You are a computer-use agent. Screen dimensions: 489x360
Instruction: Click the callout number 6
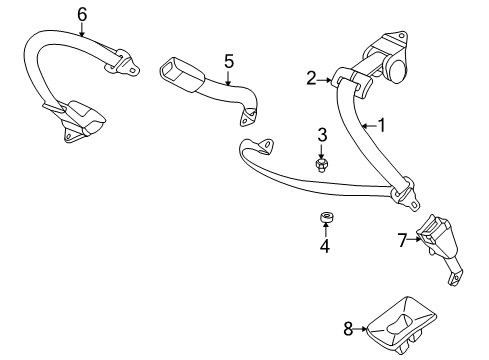pyautogui.click(x=82, y=15)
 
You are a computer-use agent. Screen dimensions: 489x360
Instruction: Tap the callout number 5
pyautogui.click(x=229, y=62)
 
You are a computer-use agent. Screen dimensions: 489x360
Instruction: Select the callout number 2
pyautogui.click(x=311, y=78)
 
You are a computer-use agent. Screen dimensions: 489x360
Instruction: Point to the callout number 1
pyautogui.click(x=382, y=125)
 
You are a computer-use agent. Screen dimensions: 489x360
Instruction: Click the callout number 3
pyautogui.click(x=322, y=135)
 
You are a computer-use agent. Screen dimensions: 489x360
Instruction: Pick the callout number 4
pyautogui.click(x=325, y=246)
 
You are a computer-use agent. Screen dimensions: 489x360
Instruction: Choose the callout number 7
pyautogui.click(x=403, y=240)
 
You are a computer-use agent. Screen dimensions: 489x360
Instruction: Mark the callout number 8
pyautogui.click(x=348, y=329)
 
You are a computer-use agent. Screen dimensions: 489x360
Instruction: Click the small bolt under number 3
pyautogui.click(x=321, y=165)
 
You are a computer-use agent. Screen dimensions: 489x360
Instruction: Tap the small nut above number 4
pyautogui.click(x=325, y=217)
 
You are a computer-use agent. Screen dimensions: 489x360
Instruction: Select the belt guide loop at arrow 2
pyautogui.click(x=351, y=81)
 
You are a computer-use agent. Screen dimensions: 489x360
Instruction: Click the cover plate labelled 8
pyautogui.click(x=401, y=323)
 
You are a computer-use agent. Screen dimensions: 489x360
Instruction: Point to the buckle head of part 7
pyautogui.click(x=436, y=236)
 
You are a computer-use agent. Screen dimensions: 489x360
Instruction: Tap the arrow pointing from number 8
pyautogui.click(x=360, y=329)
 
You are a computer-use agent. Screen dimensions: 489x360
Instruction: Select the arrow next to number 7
pyautogui.click(x=415, y=239)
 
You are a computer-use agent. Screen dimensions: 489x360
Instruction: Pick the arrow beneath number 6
pyautogui.click(x=82, y=29)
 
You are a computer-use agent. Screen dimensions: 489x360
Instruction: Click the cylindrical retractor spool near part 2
pyautogui.click(x=396, y=69)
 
